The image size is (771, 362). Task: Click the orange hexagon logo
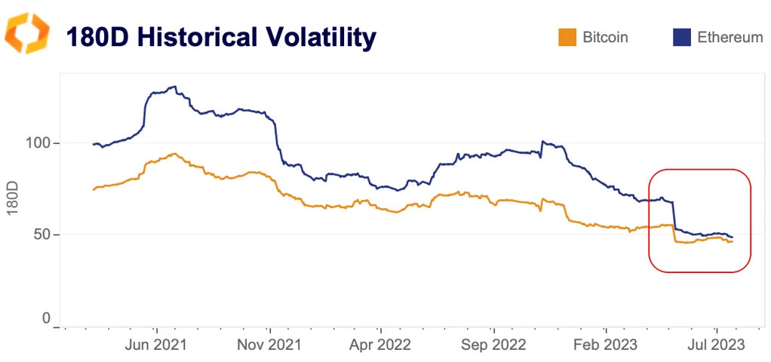pos(27,34)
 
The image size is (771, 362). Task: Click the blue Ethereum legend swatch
pos(681,37)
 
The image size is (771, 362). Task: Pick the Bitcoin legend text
pos(605,37)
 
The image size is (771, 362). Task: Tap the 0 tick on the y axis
pos(46,319)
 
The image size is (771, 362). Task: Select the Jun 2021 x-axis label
pos(156,345)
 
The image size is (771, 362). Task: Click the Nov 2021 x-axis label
pos(269,345)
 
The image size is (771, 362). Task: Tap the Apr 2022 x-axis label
pos(381,345)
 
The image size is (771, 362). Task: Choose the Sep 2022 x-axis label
pos(493,345)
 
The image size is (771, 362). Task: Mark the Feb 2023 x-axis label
pos(605,345)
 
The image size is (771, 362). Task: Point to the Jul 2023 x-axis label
pos(716,345)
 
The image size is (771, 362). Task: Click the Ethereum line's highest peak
pos(174,87)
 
